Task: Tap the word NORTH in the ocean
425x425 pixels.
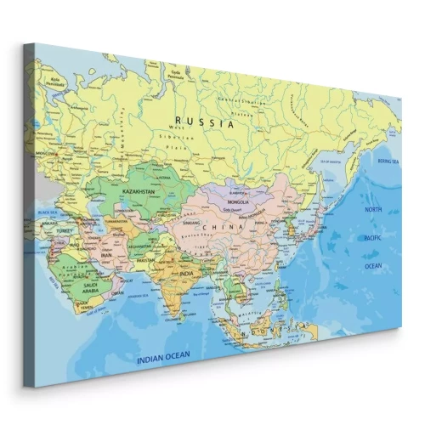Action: coord(374,209)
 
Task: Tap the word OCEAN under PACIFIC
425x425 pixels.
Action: coord(374,265)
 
